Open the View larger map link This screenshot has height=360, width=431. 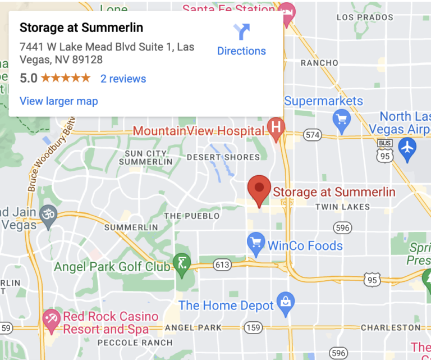tap(58, 101)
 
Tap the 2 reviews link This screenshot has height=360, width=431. tap(123, 79)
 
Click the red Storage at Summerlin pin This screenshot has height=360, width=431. tap(259, 190)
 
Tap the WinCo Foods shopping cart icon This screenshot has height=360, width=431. tap(256, 242)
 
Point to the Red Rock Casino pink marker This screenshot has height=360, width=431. tap(52, 318)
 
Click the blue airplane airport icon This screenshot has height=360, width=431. tap(407, 147)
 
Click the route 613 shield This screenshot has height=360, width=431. tap(223, 265)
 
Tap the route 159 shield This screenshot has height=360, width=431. tap(254, 327)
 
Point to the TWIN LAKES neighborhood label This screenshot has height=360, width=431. tap(342, 207)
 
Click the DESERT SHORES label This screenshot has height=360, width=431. tap(223, 157)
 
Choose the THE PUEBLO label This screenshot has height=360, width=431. tap(187, 216)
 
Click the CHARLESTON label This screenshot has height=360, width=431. tap(391, 327)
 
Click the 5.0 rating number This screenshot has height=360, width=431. tap(29, 79)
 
